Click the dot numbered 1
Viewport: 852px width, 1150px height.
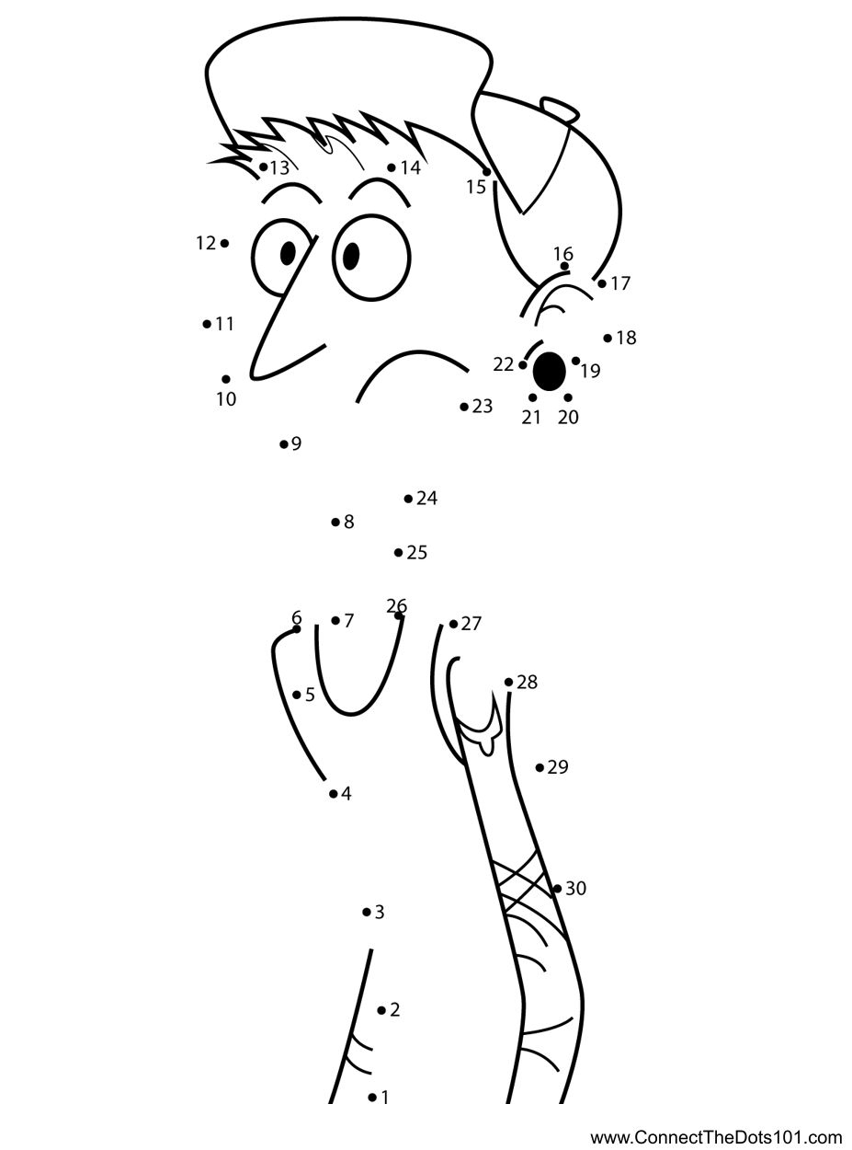[372, 1097]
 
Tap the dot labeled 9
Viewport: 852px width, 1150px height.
[283, 444]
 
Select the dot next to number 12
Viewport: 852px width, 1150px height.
[225, 243]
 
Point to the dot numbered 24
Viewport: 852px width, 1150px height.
[408, 499]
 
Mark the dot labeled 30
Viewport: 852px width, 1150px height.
[557, 889]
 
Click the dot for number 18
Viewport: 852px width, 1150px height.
[608, 339]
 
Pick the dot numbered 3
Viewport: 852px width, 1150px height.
[367, 913]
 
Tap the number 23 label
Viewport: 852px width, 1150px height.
[483, 407]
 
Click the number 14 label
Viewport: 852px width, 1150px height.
[410, 167]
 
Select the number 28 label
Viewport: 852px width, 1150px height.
[527, 682]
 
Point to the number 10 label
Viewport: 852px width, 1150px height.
[226, 399]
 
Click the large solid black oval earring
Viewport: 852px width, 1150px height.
[550, 371]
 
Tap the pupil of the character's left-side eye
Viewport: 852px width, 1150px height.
[288, 251]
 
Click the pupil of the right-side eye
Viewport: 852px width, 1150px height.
[351, 256]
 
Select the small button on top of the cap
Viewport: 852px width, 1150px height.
[560, 109]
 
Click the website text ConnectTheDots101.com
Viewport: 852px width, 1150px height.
[716, 1137]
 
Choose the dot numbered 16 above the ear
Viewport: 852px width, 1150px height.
[564, 267]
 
